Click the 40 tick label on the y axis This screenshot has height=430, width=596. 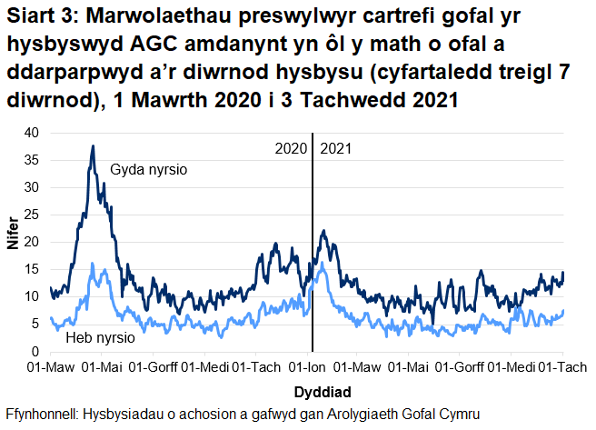pyautogui.click(x=32, y=133)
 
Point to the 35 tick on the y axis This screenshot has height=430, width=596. pyautogui.click(x=32, y=160)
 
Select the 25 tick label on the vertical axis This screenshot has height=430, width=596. pyautogui.click(x=32, y=215)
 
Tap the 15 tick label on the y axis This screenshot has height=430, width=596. pyautogui.click(x=32, y=269)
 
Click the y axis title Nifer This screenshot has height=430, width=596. pyautogui.click(x=13, y=242)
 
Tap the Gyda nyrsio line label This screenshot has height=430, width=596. pyautogui.click(x=149, y=170)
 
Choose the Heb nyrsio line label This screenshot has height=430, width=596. pyautogui.click(x=101, y=337)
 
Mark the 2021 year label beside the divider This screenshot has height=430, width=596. pyautogui.click(x=336, y=147)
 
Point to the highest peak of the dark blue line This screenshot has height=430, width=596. pyautogui.click(x=92, y=146)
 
